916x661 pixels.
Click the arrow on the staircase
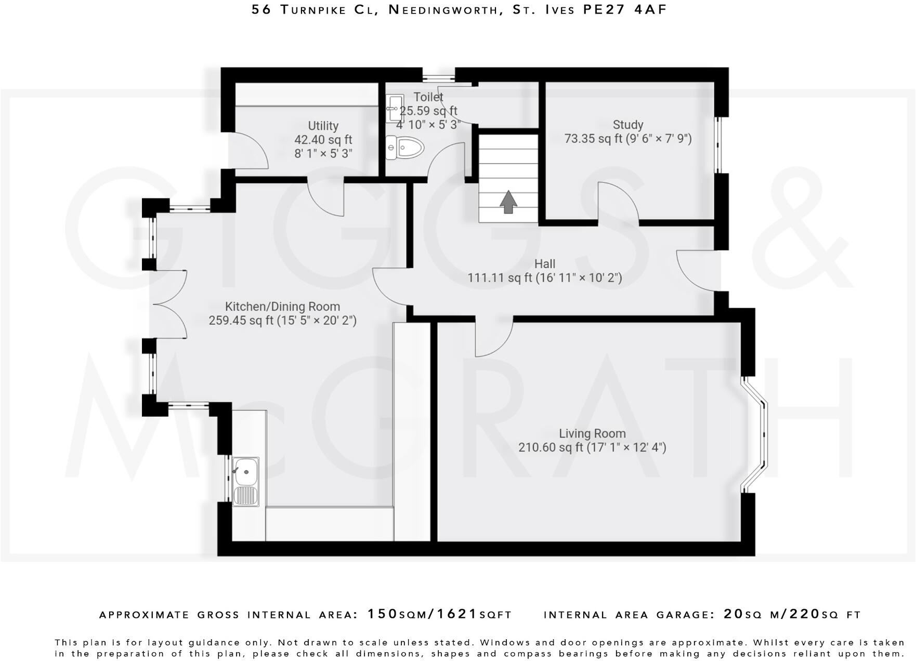point(508,202)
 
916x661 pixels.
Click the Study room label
point(627,125)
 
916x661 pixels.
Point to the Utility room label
point(323,126)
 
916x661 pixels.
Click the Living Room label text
point(592,433)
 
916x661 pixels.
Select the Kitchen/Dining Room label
point(282,307)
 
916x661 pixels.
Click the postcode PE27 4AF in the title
point(624,9)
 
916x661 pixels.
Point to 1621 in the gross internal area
point(457,614)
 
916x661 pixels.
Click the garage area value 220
point(805,614)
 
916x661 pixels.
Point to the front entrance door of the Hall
point(697,271)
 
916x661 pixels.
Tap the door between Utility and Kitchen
point(326,197)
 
